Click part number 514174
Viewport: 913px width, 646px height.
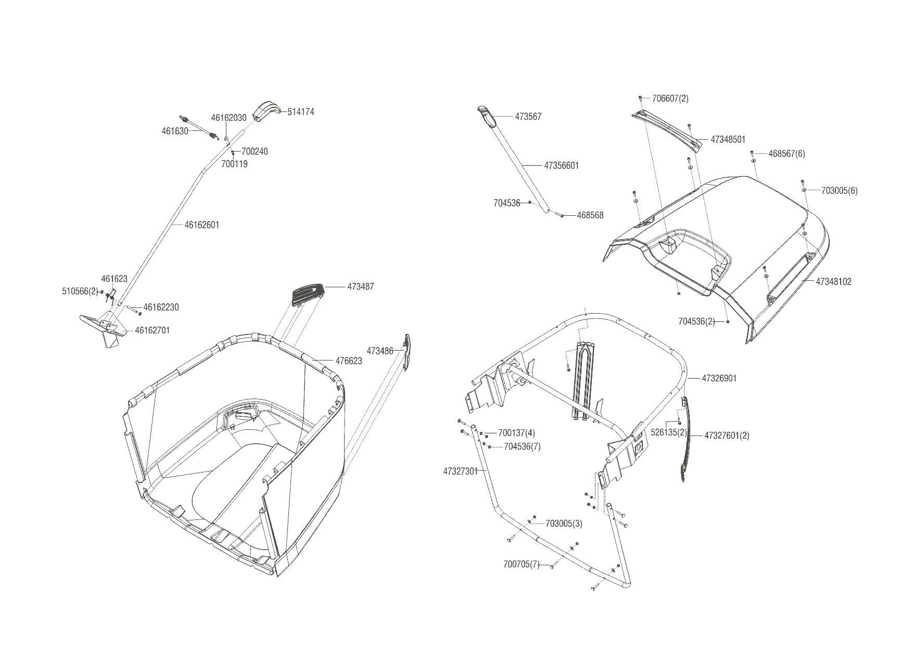coord(300,112)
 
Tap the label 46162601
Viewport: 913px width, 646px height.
coord(202,225)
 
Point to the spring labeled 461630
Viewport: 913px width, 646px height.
coord(198,127)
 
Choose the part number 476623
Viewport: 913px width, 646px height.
coord(348,361)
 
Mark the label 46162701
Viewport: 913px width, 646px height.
coord(152,330)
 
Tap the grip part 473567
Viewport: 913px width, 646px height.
coord(486,115)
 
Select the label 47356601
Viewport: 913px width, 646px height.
coord(561,166)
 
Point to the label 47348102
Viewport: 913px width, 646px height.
coord(833,282)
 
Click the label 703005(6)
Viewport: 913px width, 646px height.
coord(839,191)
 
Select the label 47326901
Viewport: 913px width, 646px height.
coord(719,378)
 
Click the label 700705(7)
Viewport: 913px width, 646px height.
coord(522,564)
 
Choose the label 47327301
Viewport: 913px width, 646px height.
coord(461,471)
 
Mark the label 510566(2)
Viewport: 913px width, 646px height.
coord(80,291)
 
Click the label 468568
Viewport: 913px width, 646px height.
coord(590,215)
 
